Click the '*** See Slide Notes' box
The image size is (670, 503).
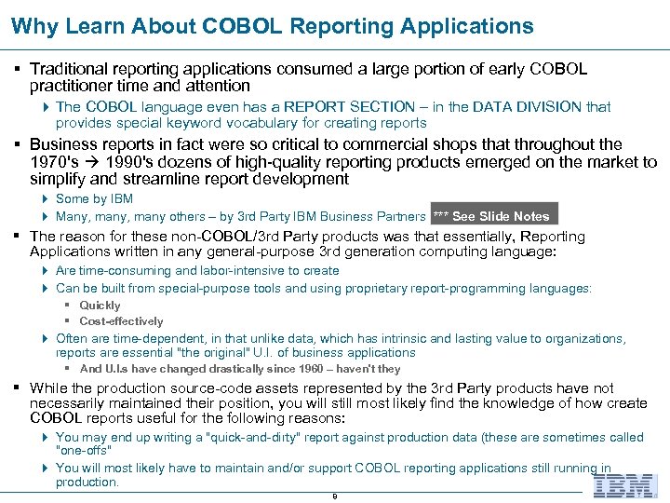click(x=494, y=216)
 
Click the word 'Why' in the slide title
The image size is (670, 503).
click(x=34, y=25)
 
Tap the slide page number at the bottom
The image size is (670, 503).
click(x=334, y=496)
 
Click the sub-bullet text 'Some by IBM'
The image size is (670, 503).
click(x=94, y=198)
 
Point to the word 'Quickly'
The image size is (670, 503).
click(x=100, y=306)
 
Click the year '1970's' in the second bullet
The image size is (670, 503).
click(x=53, y=161)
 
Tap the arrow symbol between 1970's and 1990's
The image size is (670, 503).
click(x=90, y=161)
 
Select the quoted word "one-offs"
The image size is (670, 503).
click(x=81, y=451)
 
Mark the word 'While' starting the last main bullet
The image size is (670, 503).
click(x=49, y=387)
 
